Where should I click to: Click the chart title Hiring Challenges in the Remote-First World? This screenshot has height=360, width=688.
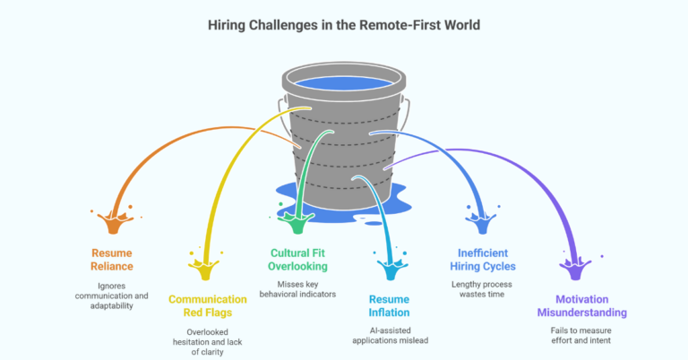click(x=345, y=25)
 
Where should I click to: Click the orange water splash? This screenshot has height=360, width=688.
click(x=113, y=219)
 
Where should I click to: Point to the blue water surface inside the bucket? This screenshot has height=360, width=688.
click(x=344, y=85)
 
